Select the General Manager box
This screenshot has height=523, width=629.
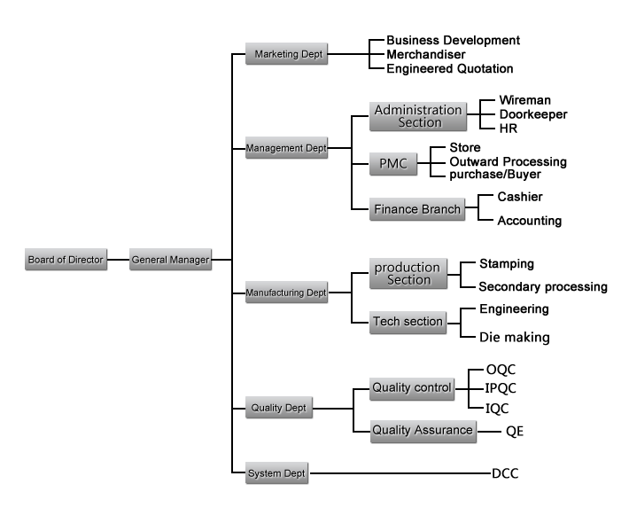pos(171,260)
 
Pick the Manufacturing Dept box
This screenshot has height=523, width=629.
pos(286,292)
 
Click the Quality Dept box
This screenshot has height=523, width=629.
pos(277,409)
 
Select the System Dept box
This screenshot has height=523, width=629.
pos(277,473)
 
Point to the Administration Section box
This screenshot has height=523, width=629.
pos(419,116)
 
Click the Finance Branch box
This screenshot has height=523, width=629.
pos(418,209)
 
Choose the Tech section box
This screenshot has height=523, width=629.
pos(408,321)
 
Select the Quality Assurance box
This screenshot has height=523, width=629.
pos(423,431)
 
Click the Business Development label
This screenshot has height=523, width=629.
pos(453,41)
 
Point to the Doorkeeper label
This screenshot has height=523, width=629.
pos(532,114)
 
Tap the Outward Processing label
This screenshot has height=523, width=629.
pos(508,161)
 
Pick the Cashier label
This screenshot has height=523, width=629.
pos(520,197)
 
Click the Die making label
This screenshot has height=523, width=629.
pos(515,337)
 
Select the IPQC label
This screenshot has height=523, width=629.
pos(501,388)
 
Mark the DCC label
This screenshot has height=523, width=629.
pos(505,473)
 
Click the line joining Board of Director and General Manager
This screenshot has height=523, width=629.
pos(118,260)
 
